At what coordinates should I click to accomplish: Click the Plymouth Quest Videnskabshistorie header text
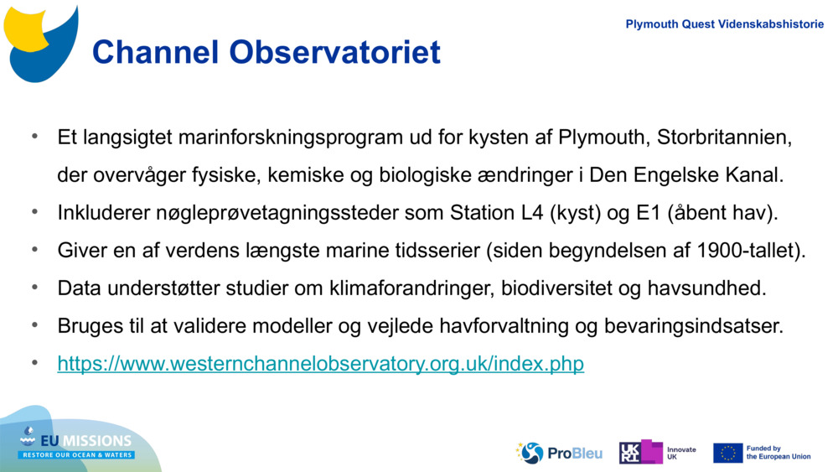click(x=725, y=24)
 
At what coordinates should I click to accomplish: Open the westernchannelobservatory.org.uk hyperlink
click(x=320, y=364)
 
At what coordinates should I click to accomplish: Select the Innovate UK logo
click(x=658, y=453)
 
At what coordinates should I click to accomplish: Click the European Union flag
click(x=727, y=453)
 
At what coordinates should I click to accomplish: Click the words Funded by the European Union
click(x=779, y=453)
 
